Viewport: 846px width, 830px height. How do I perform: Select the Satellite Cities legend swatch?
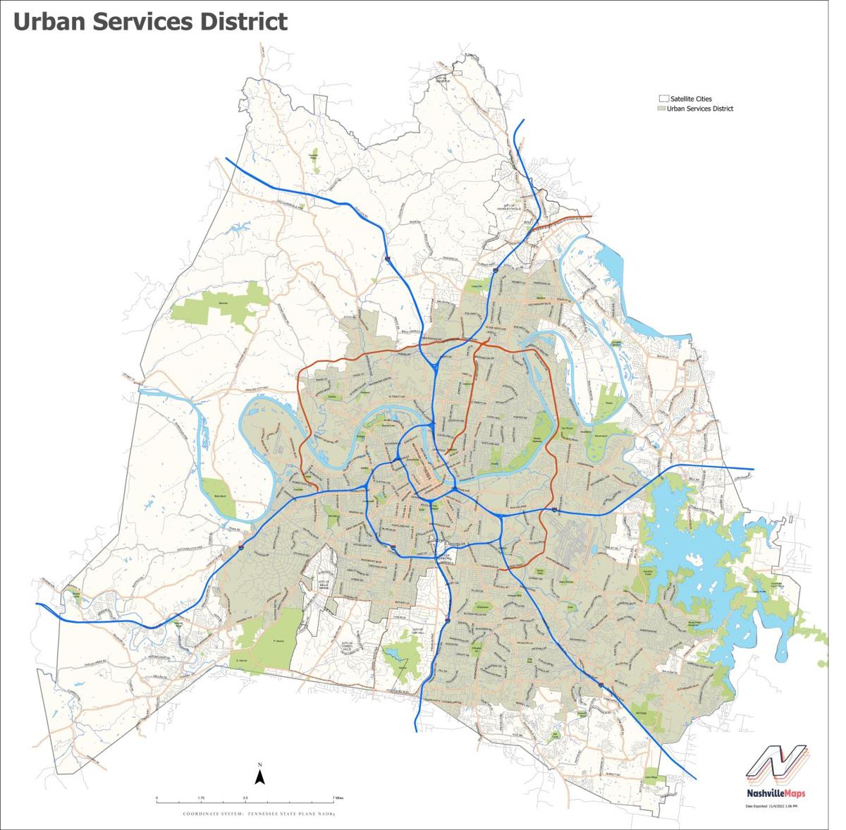pyautogui.click(x=662, y=99)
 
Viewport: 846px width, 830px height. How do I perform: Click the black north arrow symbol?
pyautogui.click(x=259, y=778)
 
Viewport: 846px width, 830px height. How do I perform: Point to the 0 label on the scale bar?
pyautogui.click(x=157, y=798)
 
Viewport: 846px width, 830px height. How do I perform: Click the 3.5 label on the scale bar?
pyautogui.click(x=245, y=798)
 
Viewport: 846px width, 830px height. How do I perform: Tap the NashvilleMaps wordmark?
pyautogui.click(x=775, y=793)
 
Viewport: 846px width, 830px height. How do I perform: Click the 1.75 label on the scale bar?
pyautogui.click(x=201, y=798)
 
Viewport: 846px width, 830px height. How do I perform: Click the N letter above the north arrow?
pyautogui.click(x=259, y=765)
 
